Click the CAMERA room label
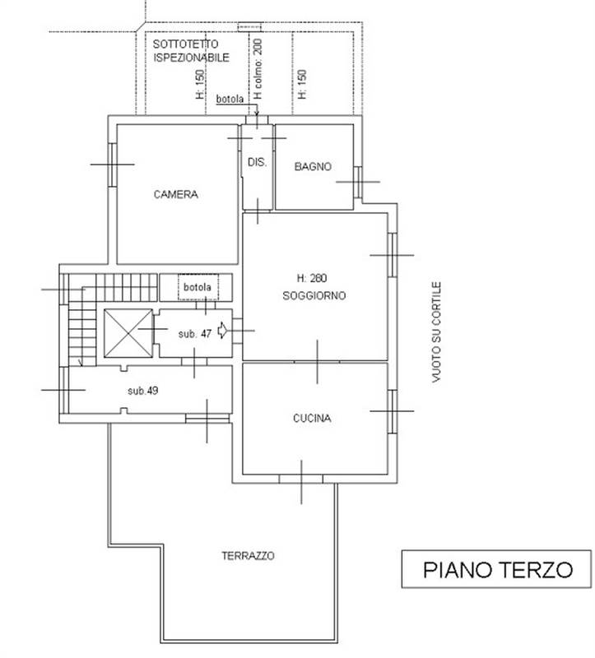coord(175,195)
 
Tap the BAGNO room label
coord(313,166)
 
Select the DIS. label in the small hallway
coord(257,162)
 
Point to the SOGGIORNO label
coord(314,295)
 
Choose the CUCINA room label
coord(312,418)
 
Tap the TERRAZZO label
coord(248,555)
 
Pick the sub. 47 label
coord(195,334)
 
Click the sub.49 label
coord(142,390)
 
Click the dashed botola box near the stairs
coord(199,288)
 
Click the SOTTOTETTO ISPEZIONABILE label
coord(191,49)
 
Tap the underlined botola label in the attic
coord(230,100)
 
